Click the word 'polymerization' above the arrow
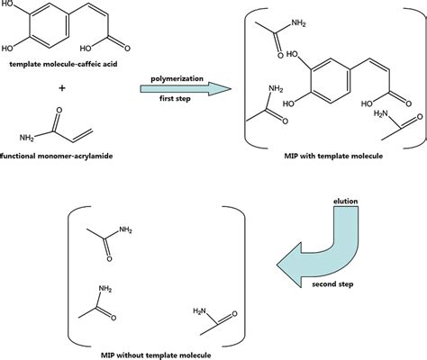177,77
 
